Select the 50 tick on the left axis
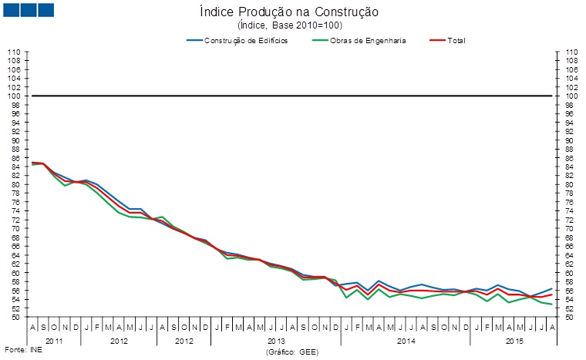pyautogui.click(x=15, y=317)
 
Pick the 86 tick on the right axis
pyautogui.click(x=571, y=158)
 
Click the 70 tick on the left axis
pyautogui.click(x=15, y=229)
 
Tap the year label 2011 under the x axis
pyautogui.click(x=55, y=340)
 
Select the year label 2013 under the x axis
pyautogui.click(x=275, y=340)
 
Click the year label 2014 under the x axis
pyautogui.click(x=405, y=340)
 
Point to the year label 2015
pyautogui.click(x=511, y=340)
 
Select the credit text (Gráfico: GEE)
pyautogui.click(x=292, y=352)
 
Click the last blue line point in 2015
pyautogui.click(x=551, y=288)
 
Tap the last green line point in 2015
pyautogui.click(x=551, y=304)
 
